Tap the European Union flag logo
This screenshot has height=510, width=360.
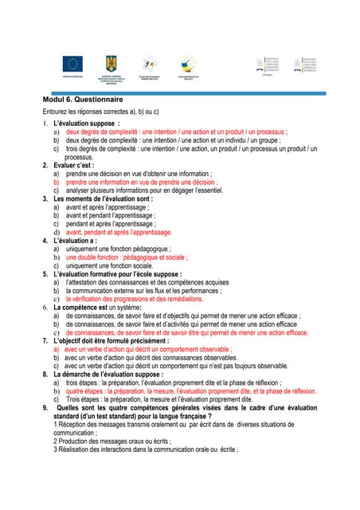click(x=73, y=64)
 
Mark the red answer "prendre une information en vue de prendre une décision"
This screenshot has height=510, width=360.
click(x=142, y=182)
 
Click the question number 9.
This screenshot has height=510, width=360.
click(x=46, y=407)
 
